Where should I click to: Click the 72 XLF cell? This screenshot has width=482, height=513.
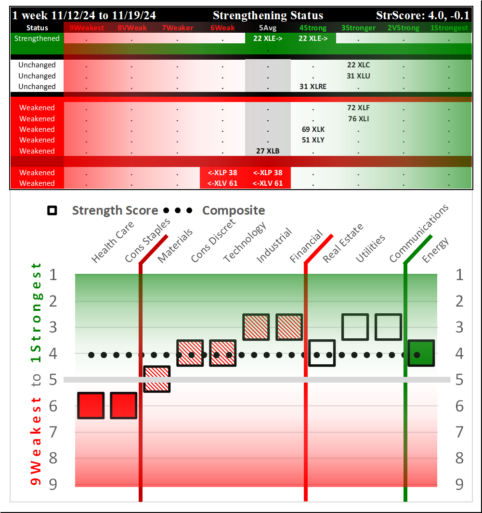pyautogui.click(x=358, y=108)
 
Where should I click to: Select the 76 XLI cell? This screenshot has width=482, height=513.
pyautogui.click(x=358, y=119)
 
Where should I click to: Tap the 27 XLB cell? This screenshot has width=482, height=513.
pyautogui.click(x=268, y=151)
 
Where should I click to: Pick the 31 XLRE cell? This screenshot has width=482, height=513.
pyautogui.click(x=313, y=87)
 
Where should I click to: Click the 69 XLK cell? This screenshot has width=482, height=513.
pyautogui.click(x=313, y=129)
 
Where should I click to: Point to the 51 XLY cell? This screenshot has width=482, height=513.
pyautogui.click(x=313, y=140)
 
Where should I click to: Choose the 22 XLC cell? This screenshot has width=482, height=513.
pyautogui.click(x=358, y=65)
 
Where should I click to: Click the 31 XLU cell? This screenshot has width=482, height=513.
pyautogui.click(x=358, y=76)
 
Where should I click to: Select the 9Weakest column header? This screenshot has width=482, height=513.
pyautogui.click(x=87, y=28)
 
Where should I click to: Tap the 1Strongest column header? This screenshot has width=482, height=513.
pyautogui.click(x=449, y=28)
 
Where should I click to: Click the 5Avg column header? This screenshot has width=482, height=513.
pyautogui.click(x=268, y=28)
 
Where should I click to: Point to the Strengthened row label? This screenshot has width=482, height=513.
pyautogui.click(x=37, y=38)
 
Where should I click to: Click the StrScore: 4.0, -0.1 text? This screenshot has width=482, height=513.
pyautogui.click(x=423, y=15)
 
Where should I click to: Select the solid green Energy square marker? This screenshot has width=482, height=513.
pyautogui.click(x=421, y=353)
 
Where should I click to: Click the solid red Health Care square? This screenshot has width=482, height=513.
pyautogui.click(x=91, y=405)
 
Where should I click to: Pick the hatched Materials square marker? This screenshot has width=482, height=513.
pyautogui.click(x=157, y=379)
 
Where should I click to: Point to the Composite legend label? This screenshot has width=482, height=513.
pyautogui.click(x=234, y=210)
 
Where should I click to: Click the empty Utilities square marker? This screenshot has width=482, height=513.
pyautogui.click(x=355, y=327)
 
